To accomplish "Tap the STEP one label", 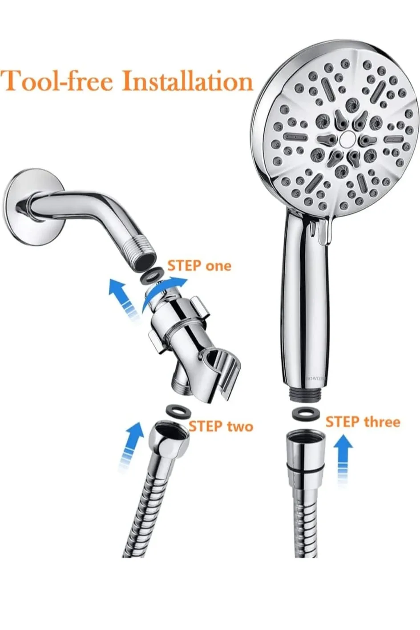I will pos(199,266).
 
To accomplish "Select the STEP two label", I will pos(221,426).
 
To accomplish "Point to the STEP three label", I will pos(363,422).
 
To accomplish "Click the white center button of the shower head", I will pos(345,140).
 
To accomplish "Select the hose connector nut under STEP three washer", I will pos(306,450).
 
